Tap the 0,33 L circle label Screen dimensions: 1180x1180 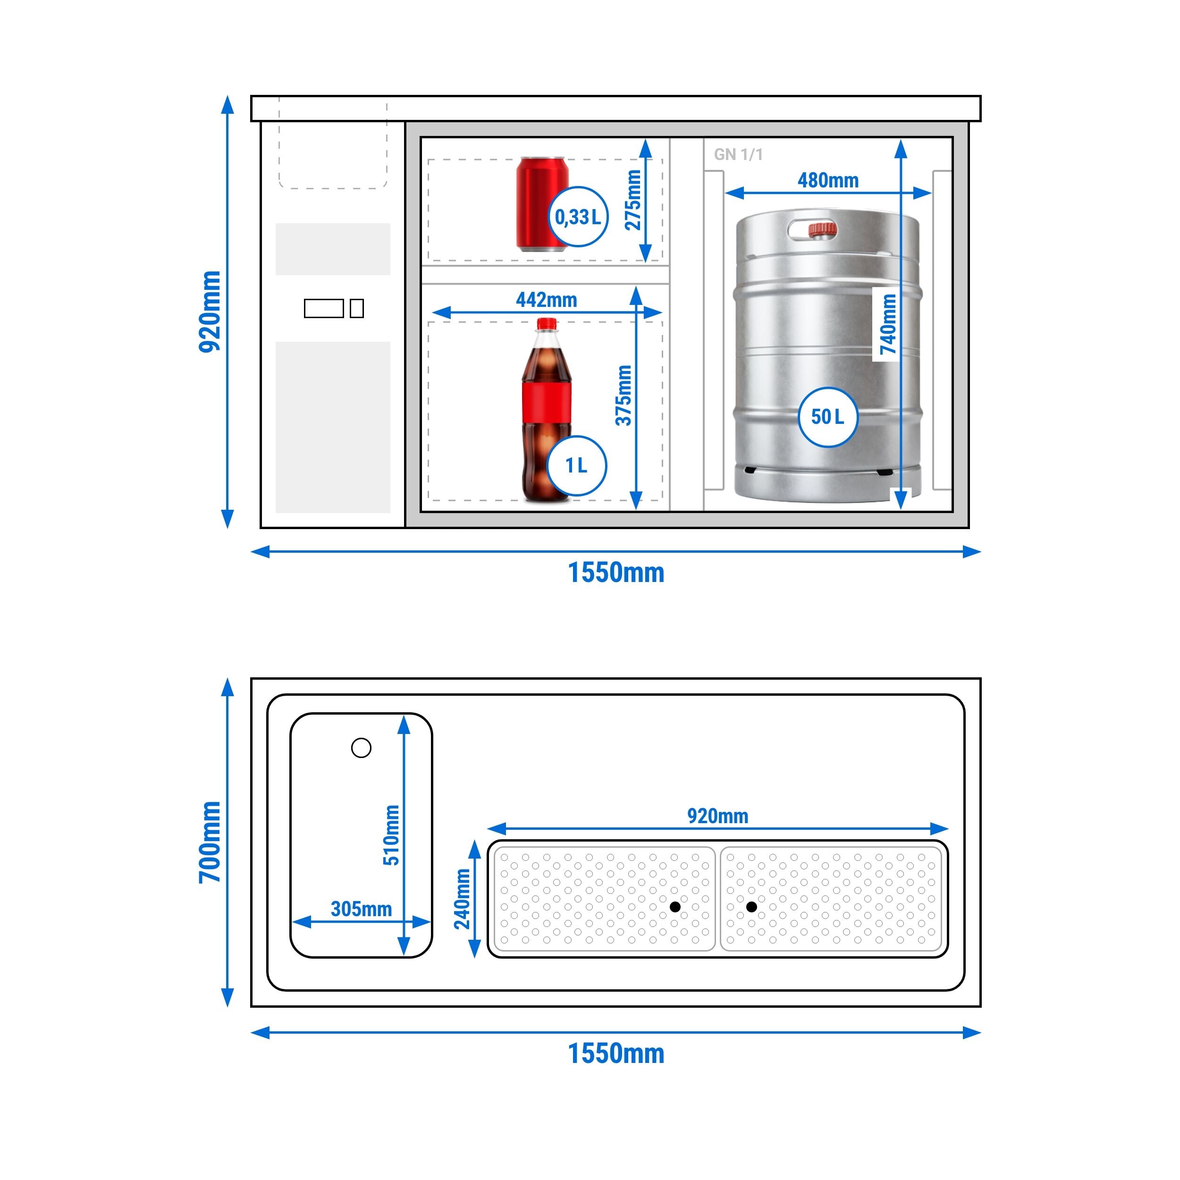pos(578,217)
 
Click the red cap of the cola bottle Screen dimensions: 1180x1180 pos(547,324)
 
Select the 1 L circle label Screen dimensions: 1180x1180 pos(577,466)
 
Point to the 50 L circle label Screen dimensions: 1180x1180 pos(827,417)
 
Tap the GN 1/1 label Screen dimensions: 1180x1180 pos(738,154)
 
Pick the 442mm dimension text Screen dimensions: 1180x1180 pos(546,300)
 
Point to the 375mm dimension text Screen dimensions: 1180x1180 pos(623,395)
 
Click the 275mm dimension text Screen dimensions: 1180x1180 pos(633,200)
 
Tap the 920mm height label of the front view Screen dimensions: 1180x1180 pos(210,312)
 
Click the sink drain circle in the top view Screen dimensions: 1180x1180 pos(361,748)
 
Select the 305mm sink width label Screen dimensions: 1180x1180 pos(361,909)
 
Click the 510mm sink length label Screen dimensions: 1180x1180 pos(391,835)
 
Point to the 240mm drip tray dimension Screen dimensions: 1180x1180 pos(463,899)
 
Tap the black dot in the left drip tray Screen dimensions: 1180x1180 pos(675,907)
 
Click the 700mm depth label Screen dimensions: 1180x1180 pos(210,843)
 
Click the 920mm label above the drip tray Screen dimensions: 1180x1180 pos(717,816)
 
